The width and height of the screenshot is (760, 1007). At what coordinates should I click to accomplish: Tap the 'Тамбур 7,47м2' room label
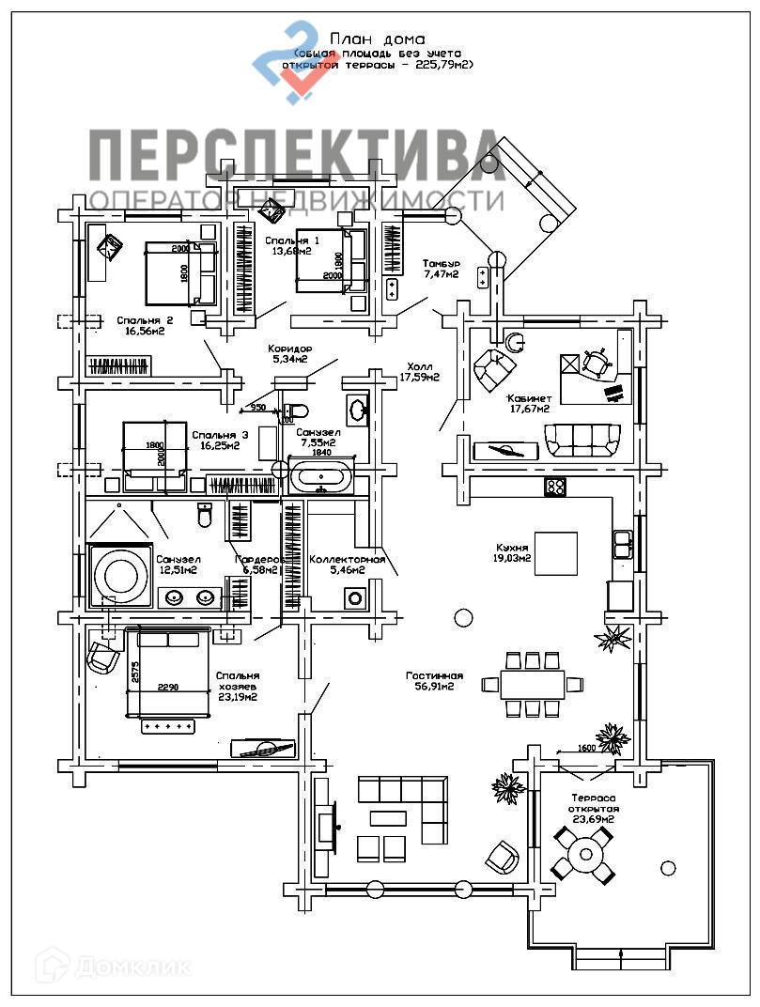pyautogui.click(x=440, y=269)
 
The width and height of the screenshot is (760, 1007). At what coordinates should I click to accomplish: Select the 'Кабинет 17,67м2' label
pyautogui.click(x=528, y=402)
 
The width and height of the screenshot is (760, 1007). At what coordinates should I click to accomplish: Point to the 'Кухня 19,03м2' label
pyautogui.click(x=512, y=552)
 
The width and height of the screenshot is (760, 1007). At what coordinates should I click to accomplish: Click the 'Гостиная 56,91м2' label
pyautogui.click(x=435, y=680)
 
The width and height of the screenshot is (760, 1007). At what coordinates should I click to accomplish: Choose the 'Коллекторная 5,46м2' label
pyautogui.click(x=348, y=565)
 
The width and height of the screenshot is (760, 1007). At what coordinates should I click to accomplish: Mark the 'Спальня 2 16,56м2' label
pyautogui.click(x=144, y=325)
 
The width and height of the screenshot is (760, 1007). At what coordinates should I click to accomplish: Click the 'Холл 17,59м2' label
pyautogui.click(x=420, y=372)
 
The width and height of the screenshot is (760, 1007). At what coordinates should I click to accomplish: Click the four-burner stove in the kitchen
pyautogui.click(x=555, y=487)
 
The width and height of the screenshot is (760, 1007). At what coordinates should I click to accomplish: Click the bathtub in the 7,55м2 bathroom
pyautogui.click(x=321, y=475)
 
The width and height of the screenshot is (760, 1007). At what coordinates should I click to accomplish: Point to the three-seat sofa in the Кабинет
pyautogui.click(x=582, y=440)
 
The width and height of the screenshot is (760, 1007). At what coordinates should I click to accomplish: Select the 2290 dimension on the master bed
pyautogui.click(x=167, y=688)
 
